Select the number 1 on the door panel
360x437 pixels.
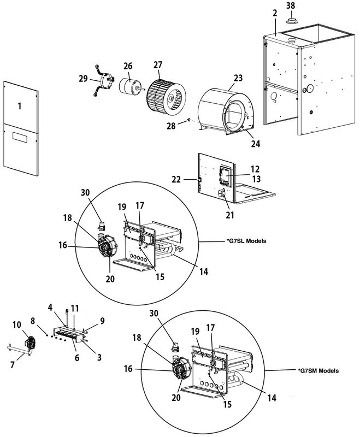[x=19, y=106]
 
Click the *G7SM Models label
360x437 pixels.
[x=318, y=370]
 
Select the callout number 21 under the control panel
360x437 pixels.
[x=230, y=215]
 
